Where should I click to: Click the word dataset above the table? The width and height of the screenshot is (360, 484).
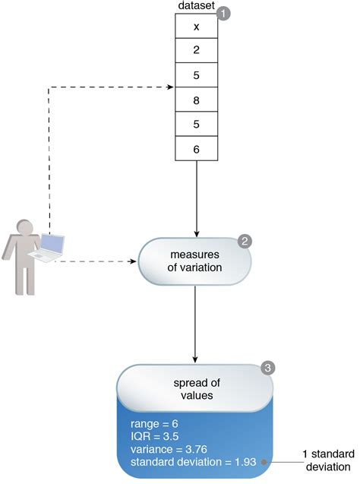click(195, 6)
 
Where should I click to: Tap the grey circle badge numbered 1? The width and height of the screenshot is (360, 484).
click(223, 13)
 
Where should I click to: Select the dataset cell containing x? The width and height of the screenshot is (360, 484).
click(196, 27)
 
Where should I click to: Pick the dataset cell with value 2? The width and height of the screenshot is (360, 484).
click(196, 51)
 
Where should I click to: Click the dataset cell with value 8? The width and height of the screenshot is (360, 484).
click(196, 100)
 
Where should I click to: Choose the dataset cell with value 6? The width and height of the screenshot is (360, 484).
click(196, 150)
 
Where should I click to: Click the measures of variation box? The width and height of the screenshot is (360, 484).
click(195, 261)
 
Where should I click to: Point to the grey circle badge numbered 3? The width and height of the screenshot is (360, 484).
click(267, 368)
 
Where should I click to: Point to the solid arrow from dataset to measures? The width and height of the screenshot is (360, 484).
click(196, 198)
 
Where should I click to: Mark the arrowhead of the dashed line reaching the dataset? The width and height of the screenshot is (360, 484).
click(171, 87)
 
